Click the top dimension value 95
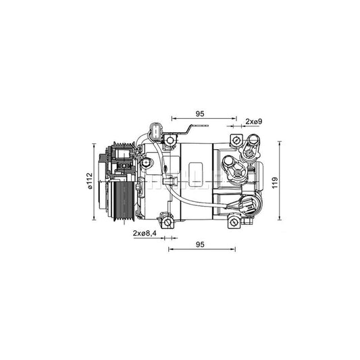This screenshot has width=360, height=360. coord(199,113)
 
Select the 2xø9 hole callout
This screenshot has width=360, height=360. coord(253,121)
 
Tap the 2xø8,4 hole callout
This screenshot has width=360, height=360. coord(145,233)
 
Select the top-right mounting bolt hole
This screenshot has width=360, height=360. coord(236,140)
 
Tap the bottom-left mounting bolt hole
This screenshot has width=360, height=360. coord(166,221)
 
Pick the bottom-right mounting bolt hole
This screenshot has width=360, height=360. coord(234,221)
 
